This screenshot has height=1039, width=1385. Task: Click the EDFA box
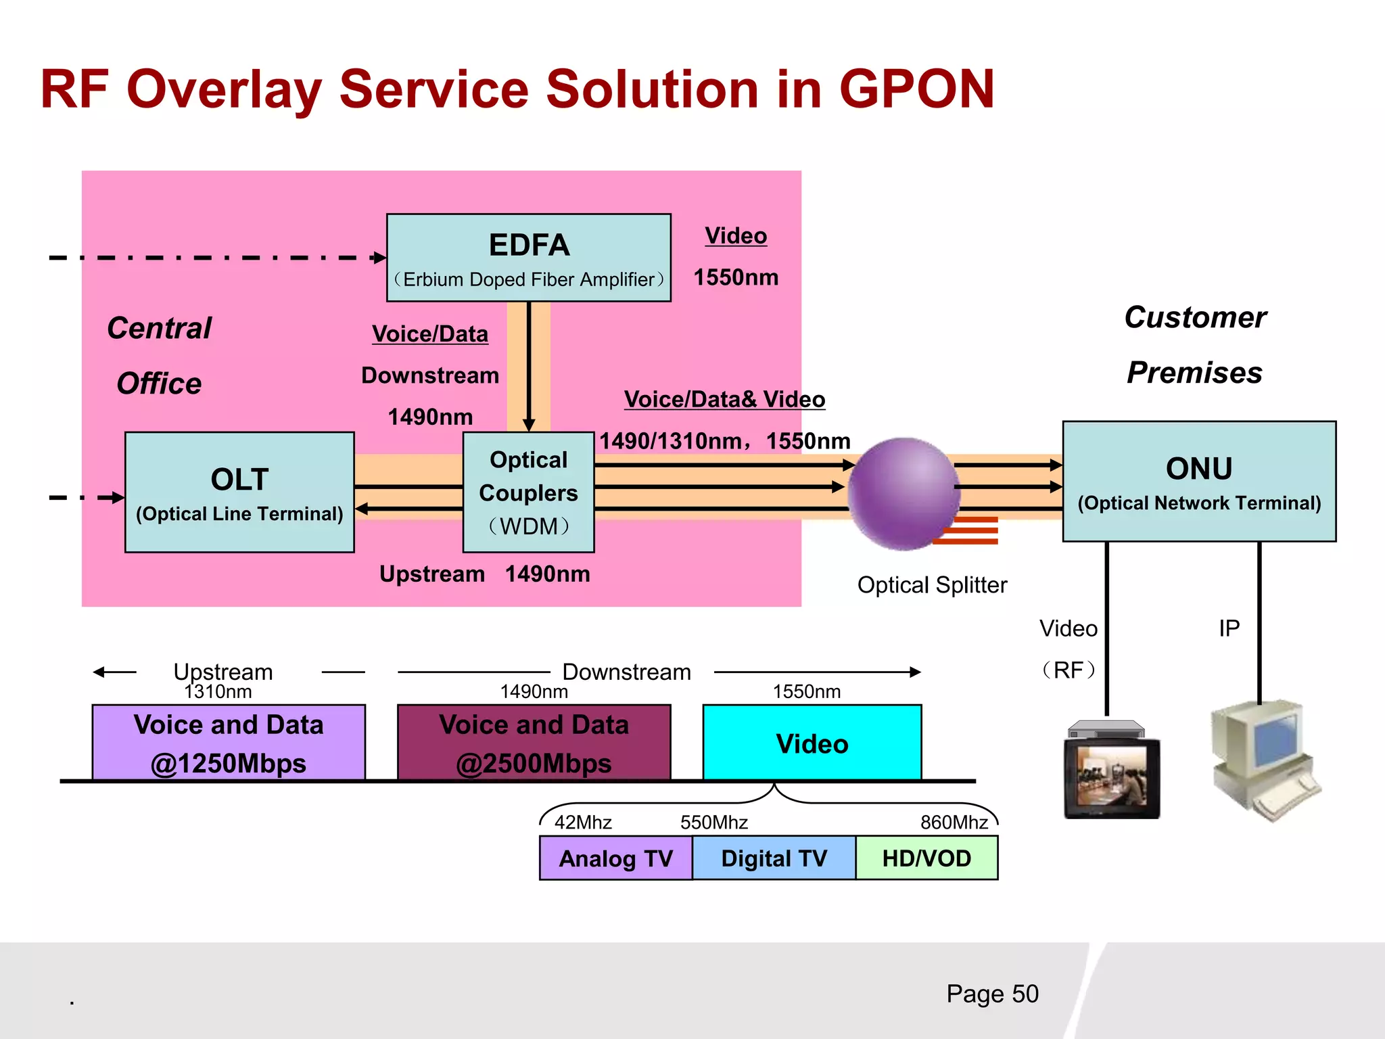[528, 258]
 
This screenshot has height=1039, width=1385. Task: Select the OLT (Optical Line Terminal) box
[239, 492]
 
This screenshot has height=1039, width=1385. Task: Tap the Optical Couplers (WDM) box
[528, 492]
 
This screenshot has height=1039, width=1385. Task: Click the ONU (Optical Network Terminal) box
[1198, 482]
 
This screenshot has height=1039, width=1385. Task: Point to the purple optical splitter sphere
[903, 492]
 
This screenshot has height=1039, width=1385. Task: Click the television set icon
[1111, 771]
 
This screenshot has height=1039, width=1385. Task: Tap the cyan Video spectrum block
[812, 743]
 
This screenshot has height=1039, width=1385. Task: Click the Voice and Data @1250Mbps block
[229, 743]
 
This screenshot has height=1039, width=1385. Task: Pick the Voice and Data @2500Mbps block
[534, 743]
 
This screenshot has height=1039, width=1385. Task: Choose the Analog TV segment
[615, 858]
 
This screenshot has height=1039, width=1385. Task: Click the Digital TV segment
[774, 858]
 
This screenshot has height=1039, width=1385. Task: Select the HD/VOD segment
[926, 858]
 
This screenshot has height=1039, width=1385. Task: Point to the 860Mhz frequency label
[954, 822]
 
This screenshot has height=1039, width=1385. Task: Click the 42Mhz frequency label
[583, 822]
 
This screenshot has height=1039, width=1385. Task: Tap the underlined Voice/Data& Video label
[724, 399]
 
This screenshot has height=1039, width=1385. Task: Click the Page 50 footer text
[992, 993]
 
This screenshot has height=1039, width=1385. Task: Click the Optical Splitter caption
[932, 584]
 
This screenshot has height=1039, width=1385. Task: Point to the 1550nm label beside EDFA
[736, 277]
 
